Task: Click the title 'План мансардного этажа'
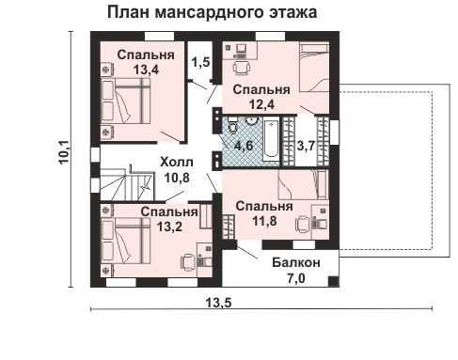point(211,13)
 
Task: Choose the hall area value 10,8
point(177,176)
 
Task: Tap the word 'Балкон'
point(296,262)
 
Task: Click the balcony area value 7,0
point(296,278)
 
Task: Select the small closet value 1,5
point(200,63)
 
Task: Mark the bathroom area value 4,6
point(244,146)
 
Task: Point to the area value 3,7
point(306,146)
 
